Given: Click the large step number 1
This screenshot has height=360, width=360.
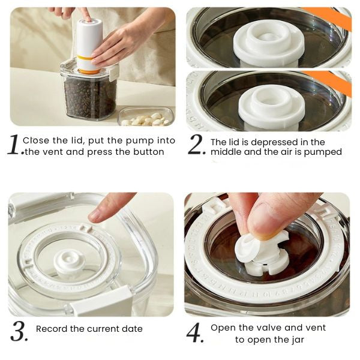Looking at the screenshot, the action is [x=14, y=144].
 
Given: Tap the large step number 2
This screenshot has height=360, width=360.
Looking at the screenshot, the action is [x=196, y=144].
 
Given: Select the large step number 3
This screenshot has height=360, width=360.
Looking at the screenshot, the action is [x=19, y=331].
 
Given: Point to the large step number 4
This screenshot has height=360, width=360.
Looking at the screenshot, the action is [x=194, y=332].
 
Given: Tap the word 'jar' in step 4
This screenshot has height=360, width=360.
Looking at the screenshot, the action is [x=298, y=340].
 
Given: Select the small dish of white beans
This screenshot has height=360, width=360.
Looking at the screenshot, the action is [x=146, y=116].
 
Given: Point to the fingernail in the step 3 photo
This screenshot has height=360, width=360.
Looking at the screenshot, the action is [x=95, y=216].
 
